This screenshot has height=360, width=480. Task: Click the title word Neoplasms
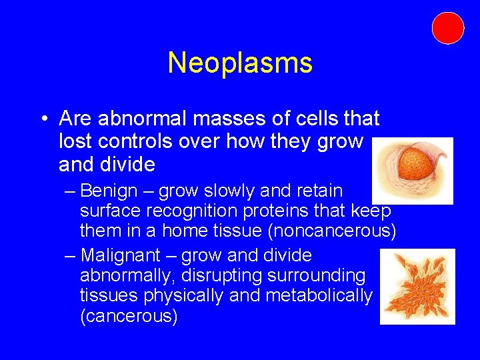240,63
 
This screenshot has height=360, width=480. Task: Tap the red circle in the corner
447,28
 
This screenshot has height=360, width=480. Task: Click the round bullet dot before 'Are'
43,119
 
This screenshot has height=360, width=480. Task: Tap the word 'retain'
318,191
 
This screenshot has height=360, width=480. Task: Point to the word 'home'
184,231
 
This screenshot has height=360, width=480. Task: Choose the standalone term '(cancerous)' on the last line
129,316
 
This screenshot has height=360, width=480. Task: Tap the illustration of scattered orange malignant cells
417,287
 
